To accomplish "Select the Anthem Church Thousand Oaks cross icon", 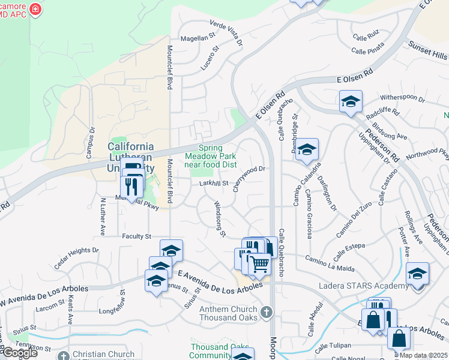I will [267, 311].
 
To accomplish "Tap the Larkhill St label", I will [215, 184].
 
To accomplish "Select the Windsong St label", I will [220, 218].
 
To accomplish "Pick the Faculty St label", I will [137, 236].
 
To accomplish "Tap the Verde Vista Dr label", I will [227, 32].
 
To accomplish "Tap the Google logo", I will [19, 353].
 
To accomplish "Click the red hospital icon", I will [35, 10].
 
